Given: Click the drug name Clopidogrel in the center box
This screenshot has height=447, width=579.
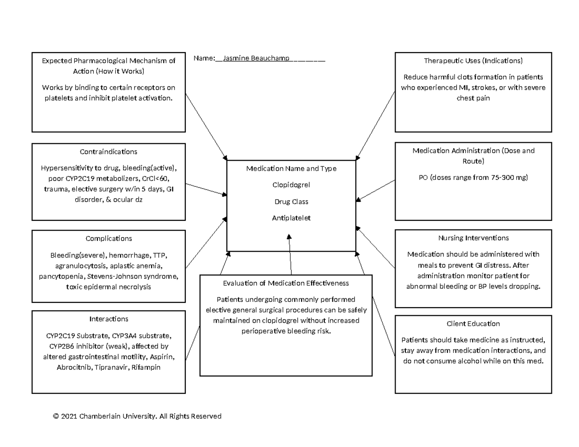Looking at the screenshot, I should click(x=291, y=185).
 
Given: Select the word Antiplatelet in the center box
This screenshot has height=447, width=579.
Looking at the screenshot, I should click(x=291, y=218).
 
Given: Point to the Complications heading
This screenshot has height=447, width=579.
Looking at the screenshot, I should click(x=109, y=238).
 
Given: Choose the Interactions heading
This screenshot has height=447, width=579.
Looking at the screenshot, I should click(x=109, y=319).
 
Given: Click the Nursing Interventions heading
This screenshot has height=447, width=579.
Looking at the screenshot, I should click(x=473, y=238).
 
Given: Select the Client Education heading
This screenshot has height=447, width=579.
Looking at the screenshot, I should click(x=473, y=324).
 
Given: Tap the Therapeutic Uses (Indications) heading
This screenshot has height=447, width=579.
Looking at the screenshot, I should click(x=473, y=61).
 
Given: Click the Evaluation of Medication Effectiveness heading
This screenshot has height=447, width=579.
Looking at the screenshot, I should click(x=286, y=283).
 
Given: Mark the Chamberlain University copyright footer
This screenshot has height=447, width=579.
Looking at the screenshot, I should click(x=137, y=416).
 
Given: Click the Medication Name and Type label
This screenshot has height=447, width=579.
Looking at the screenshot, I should click(x=291, y=169).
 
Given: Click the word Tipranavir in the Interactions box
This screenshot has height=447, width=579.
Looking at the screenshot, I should click(x=112, y=367).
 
